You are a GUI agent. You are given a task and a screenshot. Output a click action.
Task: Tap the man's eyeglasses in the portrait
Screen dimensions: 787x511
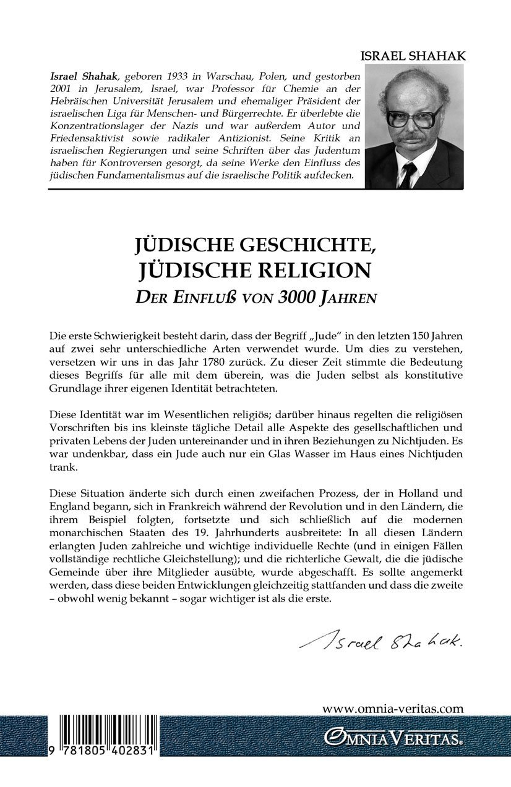tap(414, 116)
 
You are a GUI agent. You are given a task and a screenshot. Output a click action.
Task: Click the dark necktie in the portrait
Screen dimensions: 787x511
tap(408, 174)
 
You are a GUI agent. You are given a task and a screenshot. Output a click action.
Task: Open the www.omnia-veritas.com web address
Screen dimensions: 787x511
tap(393, 709)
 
